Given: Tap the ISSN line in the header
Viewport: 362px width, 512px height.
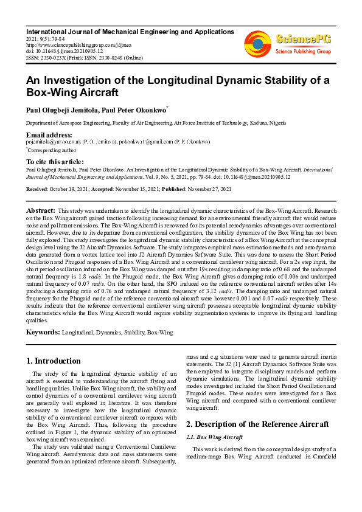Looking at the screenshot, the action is point(84,57).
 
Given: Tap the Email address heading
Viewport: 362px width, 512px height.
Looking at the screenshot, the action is point(49,134).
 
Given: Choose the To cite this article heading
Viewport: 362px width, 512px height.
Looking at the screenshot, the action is point(54,161).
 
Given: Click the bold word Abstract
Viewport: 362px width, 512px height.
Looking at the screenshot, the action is point(41,210).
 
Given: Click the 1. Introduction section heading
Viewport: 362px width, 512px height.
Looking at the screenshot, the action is point(54,361).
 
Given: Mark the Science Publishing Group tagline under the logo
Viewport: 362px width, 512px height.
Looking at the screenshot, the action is point(303,52).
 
